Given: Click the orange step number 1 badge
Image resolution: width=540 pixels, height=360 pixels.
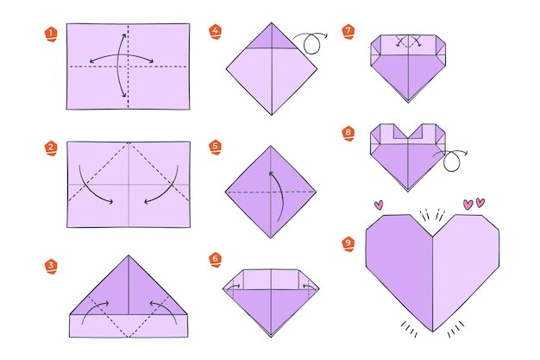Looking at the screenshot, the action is point(51,35).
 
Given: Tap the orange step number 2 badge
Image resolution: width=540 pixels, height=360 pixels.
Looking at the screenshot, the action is point(51,148).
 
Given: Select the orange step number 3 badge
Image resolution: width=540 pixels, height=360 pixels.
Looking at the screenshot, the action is point(51,267).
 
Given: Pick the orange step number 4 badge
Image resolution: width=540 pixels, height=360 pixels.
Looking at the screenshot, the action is point(216,32).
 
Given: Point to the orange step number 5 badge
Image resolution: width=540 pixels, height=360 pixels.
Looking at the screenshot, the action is point(216,148).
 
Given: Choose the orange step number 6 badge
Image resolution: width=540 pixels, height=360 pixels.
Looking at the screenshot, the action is point(216,260).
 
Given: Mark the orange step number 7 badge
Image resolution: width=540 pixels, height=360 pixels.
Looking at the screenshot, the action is point(348,32).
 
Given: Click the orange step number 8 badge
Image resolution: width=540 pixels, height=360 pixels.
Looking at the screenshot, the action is point(348,134).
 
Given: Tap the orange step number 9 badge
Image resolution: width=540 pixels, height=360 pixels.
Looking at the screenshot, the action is point(348,243).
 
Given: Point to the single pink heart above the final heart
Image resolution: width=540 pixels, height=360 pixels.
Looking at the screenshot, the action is point(379,205).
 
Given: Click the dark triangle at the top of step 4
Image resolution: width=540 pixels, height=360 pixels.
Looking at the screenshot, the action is point(272,39).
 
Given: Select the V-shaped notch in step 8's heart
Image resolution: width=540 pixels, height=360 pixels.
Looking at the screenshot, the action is point(408,132).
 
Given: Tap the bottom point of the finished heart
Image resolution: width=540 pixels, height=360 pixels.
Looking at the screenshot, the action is point(432,331).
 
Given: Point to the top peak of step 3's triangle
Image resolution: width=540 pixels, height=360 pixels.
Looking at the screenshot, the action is point(129,256).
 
